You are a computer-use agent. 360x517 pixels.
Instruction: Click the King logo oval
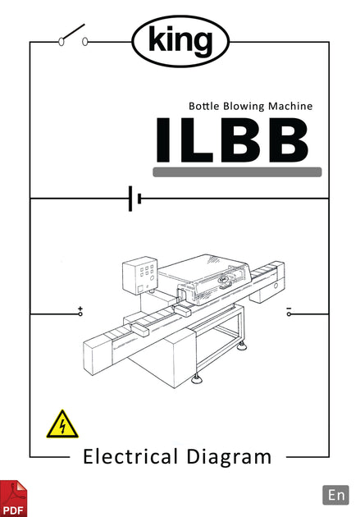tap(180, 41)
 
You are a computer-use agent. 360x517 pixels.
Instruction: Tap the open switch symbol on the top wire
tap(73, 36)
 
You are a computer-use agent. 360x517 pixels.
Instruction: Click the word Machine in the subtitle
tap(293, 106)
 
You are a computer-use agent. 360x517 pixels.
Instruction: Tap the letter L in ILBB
tap(197, 139)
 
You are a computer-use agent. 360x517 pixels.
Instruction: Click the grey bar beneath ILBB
tap(237, 172)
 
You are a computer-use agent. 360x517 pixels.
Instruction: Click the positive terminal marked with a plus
tap(80, 312)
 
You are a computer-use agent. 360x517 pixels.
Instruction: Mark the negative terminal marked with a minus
tap(289, 312)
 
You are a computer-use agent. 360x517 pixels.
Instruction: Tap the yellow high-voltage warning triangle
tap(63, 424)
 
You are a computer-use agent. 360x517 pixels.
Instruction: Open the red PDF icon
tap(13, 498)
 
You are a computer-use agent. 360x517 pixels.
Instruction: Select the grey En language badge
tap(336, 494)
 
